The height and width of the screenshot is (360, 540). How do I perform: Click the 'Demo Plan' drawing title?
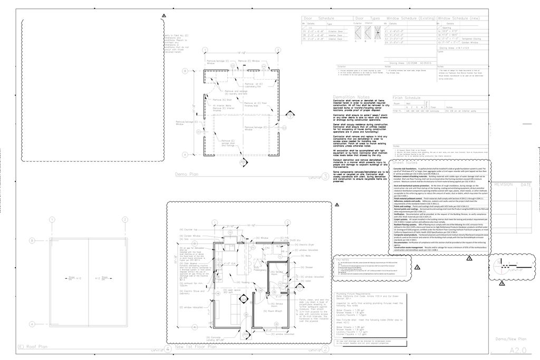(186, 172)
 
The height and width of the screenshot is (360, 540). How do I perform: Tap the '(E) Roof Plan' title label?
(33, 347)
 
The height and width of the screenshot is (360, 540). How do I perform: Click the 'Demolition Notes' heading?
(351, 97)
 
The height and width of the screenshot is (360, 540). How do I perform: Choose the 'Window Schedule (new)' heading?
(458, 18)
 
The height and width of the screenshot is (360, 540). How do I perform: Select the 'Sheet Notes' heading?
(405, 163)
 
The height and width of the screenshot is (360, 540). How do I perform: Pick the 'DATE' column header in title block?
(526, 185)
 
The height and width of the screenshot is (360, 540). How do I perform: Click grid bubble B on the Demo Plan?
(185, 71)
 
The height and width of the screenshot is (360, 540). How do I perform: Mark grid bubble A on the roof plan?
(32, 324)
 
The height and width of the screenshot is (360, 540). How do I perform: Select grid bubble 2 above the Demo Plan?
(277, 50)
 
